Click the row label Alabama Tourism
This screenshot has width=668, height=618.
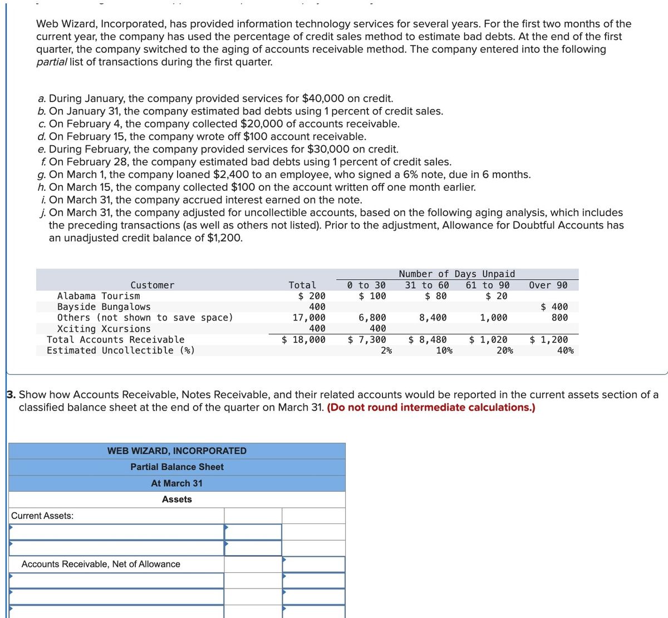pos(99,296)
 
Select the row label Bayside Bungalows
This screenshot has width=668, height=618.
pos(104,307)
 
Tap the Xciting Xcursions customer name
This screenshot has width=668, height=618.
pos(104,329)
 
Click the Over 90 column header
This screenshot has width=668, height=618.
pos(548,285)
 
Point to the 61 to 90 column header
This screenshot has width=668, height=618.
pos(487,285)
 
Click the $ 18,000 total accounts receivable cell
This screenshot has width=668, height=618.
pos(304,339)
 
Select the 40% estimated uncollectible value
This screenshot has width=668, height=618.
pos(565,350)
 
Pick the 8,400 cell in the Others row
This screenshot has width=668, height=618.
pos(433,318)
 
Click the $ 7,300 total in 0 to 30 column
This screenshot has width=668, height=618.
pos(367,339)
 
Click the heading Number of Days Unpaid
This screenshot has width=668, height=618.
pos(456,274)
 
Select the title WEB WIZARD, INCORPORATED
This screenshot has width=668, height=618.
pos(176,451)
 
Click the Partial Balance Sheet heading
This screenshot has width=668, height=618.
pos(176,467)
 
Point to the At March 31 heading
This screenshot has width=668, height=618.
pos(176,483)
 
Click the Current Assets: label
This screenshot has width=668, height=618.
pos(42,516)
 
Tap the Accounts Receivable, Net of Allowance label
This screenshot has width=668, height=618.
pos(101,564)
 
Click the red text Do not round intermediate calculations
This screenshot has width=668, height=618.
pos(431,407)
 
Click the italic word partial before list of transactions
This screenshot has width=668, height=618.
pos(51,62)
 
